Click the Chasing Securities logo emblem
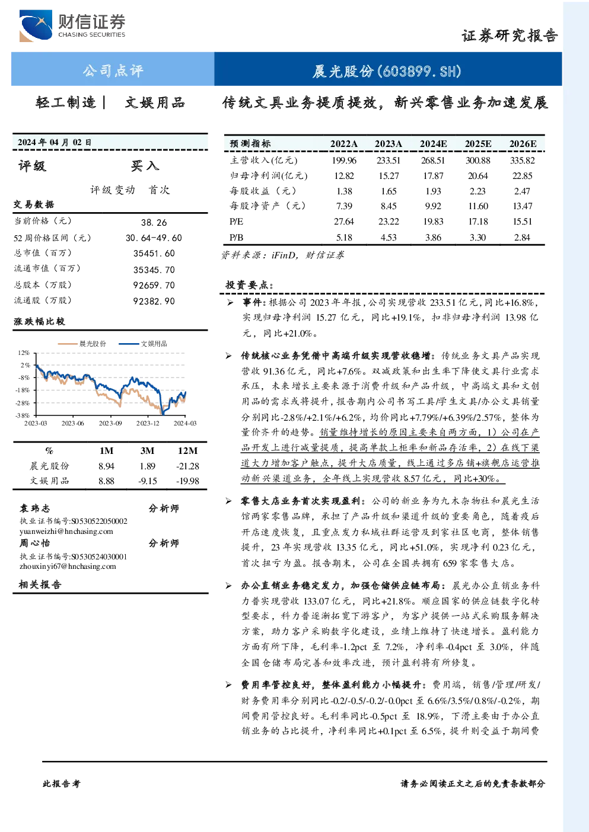[36, 25]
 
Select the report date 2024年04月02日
[55, 142]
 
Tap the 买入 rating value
[145, 166]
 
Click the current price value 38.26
[154, 222]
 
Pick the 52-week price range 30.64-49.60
[154, 238]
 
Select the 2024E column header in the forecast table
[433, 144]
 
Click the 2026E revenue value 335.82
[523, 161]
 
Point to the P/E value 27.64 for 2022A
[344, 222]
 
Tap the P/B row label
[237, 238]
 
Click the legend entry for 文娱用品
[143, 344]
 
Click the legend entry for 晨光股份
[82, 344]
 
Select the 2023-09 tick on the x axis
[110, 423]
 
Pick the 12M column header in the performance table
[187, 450]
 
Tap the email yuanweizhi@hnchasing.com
[66, 532]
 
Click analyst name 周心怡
[34, 543]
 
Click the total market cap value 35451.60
[154, 253]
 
